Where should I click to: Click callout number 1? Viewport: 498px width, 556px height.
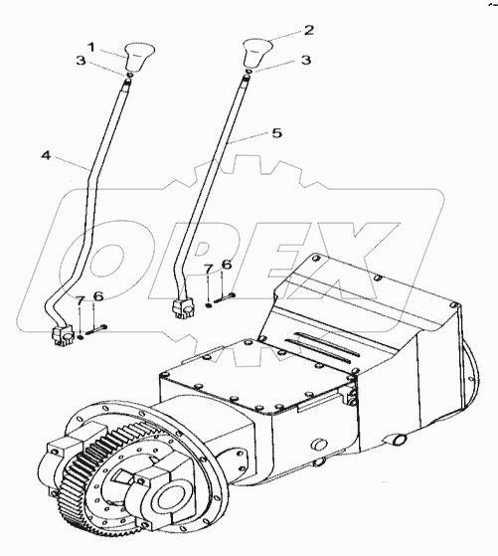click(91, 47)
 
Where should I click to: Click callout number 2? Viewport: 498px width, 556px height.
click(309, 30)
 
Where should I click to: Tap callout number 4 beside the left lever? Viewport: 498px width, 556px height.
click(46, 155)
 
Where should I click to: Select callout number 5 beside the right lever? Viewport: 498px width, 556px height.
click(276, 133)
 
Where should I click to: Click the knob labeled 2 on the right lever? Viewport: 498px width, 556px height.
click(257, 53)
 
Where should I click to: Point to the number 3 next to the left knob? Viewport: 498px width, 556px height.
click(82, 61)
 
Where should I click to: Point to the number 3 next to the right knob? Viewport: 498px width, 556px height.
click(305, 60)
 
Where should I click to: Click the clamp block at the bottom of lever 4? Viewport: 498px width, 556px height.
click(62, 335)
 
